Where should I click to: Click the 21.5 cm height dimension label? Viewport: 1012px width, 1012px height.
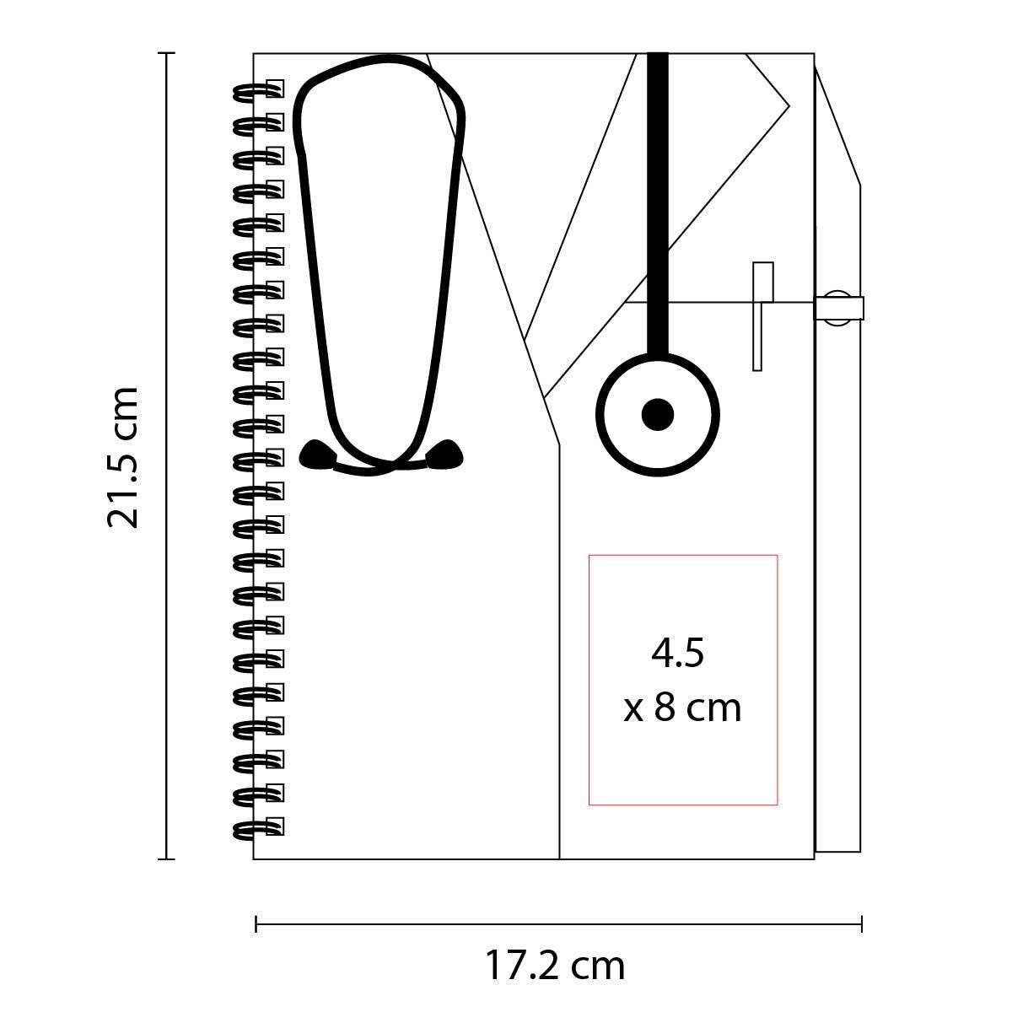[123, 457]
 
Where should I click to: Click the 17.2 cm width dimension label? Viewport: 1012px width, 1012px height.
[555, 964]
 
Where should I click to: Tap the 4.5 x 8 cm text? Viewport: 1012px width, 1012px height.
[682, 681]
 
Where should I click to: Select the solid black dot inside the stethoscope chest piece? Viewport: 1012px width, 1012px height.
[658, 414]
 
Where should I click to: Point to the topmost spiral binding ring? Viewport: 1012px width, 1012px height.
[258, 89]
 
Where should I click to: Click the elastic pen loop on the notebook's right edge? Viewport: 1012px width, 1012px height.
[838, 309]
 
